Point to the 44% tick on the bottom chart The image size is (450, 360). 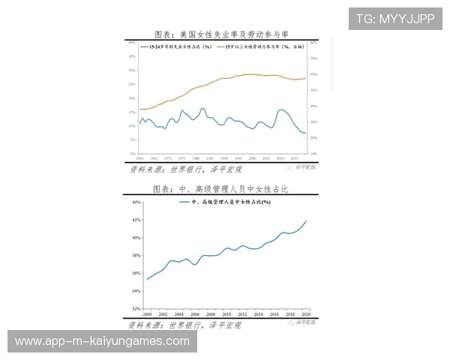pos(136,202)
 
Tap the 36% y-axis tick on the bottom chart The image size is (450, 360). pos(136,274)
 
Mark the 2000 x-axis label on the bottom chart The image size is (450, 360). pos(146,313)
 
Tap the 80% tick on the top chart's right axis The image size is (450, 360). pos(315,43)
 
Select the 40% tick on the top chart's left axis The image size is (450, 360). pos(132,43)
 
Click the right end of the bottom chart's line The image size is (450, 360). pos(307,220)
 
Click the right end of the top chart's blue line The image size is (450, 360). pos(306,133)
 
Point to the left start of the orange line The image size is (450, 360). pos(139,109)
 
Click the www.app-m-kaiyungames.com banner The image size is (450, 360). pos(102,341)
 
